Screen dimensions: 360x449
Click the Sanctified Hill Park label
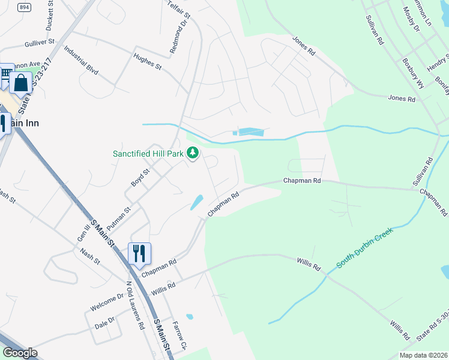click(x=148, y=154)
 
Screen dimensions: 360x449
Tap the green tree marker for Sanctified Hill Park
click(x=193, y=154)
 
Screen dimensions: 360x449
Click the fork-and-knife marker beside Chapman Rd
click(x=139, y=254)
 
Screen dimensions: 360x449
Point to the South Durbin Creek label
click(x=364, y=248)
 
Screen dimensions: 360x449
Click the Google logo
click(x=20, y=353)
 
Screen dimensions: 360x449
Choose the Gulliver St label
click(x=40, y=44)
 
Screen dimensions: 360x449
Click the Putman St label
click(x=119, y=218)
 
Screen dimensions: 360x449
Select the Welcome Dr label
click(x=107, y=302)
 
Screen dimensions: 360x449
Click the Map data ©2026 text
click(x=423, y=355)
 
